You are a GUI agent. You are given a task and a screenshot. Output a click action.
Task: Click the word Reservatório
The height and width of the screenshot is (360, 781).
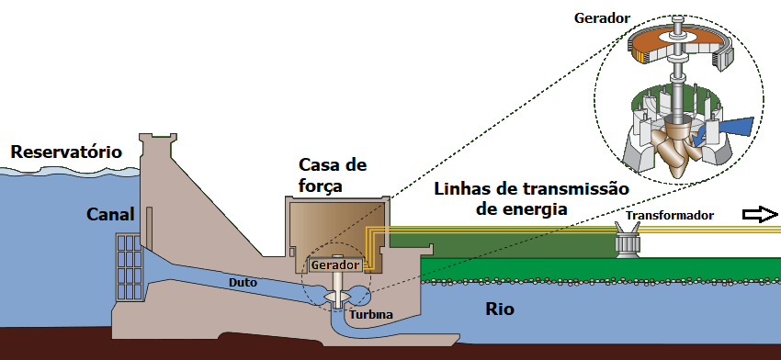coord(66,152)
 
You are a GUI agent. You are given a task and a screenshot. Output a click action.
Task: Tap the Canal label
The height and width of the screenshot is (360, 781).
coord(110,215)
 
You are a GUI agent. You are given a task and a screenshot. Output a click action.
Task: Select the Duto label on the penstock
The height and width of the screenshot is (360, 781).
coord(243,283)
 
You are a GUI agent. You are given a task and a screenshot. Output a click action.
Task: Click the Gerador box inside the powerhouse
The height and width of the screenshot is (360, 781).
coord(335,264)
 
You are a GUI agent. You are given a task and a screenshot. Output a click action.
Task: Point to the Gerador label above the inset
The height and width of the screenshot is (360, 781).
coord(602,18)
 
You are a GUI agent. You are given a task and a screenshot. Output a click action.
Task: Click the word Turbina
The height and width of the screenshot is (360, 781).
coord(370,315)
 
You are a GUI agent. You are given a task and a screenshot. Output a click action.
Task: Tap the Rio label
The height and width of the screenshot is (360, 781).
coord(500,309)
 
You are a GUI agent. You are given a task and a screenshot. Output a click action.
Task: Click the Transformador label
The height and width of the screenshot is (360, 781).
coord(670,216)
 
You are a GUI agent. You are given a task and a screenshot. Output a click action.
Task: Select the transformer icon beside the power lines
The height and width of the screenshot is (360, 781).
coord(627,240)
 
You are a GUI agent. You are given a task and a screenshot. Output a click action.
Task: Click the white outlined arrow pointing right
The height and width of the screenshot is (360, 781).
coord(760,215)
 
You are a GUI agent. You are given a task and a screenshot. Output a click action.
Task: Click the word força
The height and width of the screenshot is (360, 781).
coord(321,186)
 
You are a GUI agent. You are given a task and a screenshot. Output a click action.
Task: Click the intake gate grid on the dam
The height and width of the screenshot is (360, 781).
coord(130,267)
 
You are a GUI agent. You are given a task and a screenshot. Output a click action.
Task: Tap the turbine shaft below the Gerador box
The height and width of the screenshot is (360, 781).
coord(338,288)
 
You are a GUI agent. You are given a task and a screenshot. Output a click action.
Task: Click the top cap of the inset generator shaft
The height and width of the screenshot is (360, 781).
coord(677,20)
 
